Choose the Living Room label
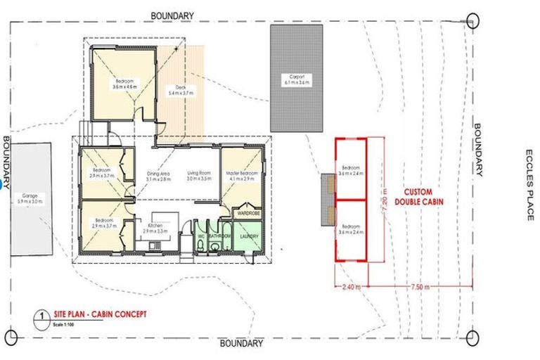pos(199,176)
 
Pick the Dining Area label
pos(159,176)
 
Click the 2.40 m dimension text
pos(351,287)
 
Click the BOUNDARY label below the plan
pos(241,344)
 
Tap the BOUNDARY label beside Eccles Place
pos(478,150)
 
